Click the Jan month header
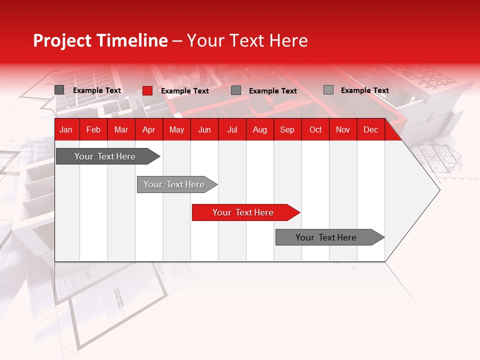coord(66,129)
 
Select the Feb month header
coord(93,129)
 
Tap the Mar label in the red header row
coord(121,129)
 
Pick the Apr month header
coord(148,129)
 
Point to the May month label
coord(176,129)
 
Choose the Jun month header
coord(204,129)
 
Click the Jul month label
coord(232,129)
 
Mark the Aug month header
coord(259,129)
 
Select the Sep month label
coord(287,129)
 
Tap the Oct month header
coord(315,129)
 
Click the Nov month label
coord(343,129)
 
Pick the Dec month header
coord(370,129)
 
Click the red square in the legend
coord(147,90)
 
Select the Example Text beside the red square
coord(185,91)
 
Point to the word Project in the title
coord(62,40)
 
